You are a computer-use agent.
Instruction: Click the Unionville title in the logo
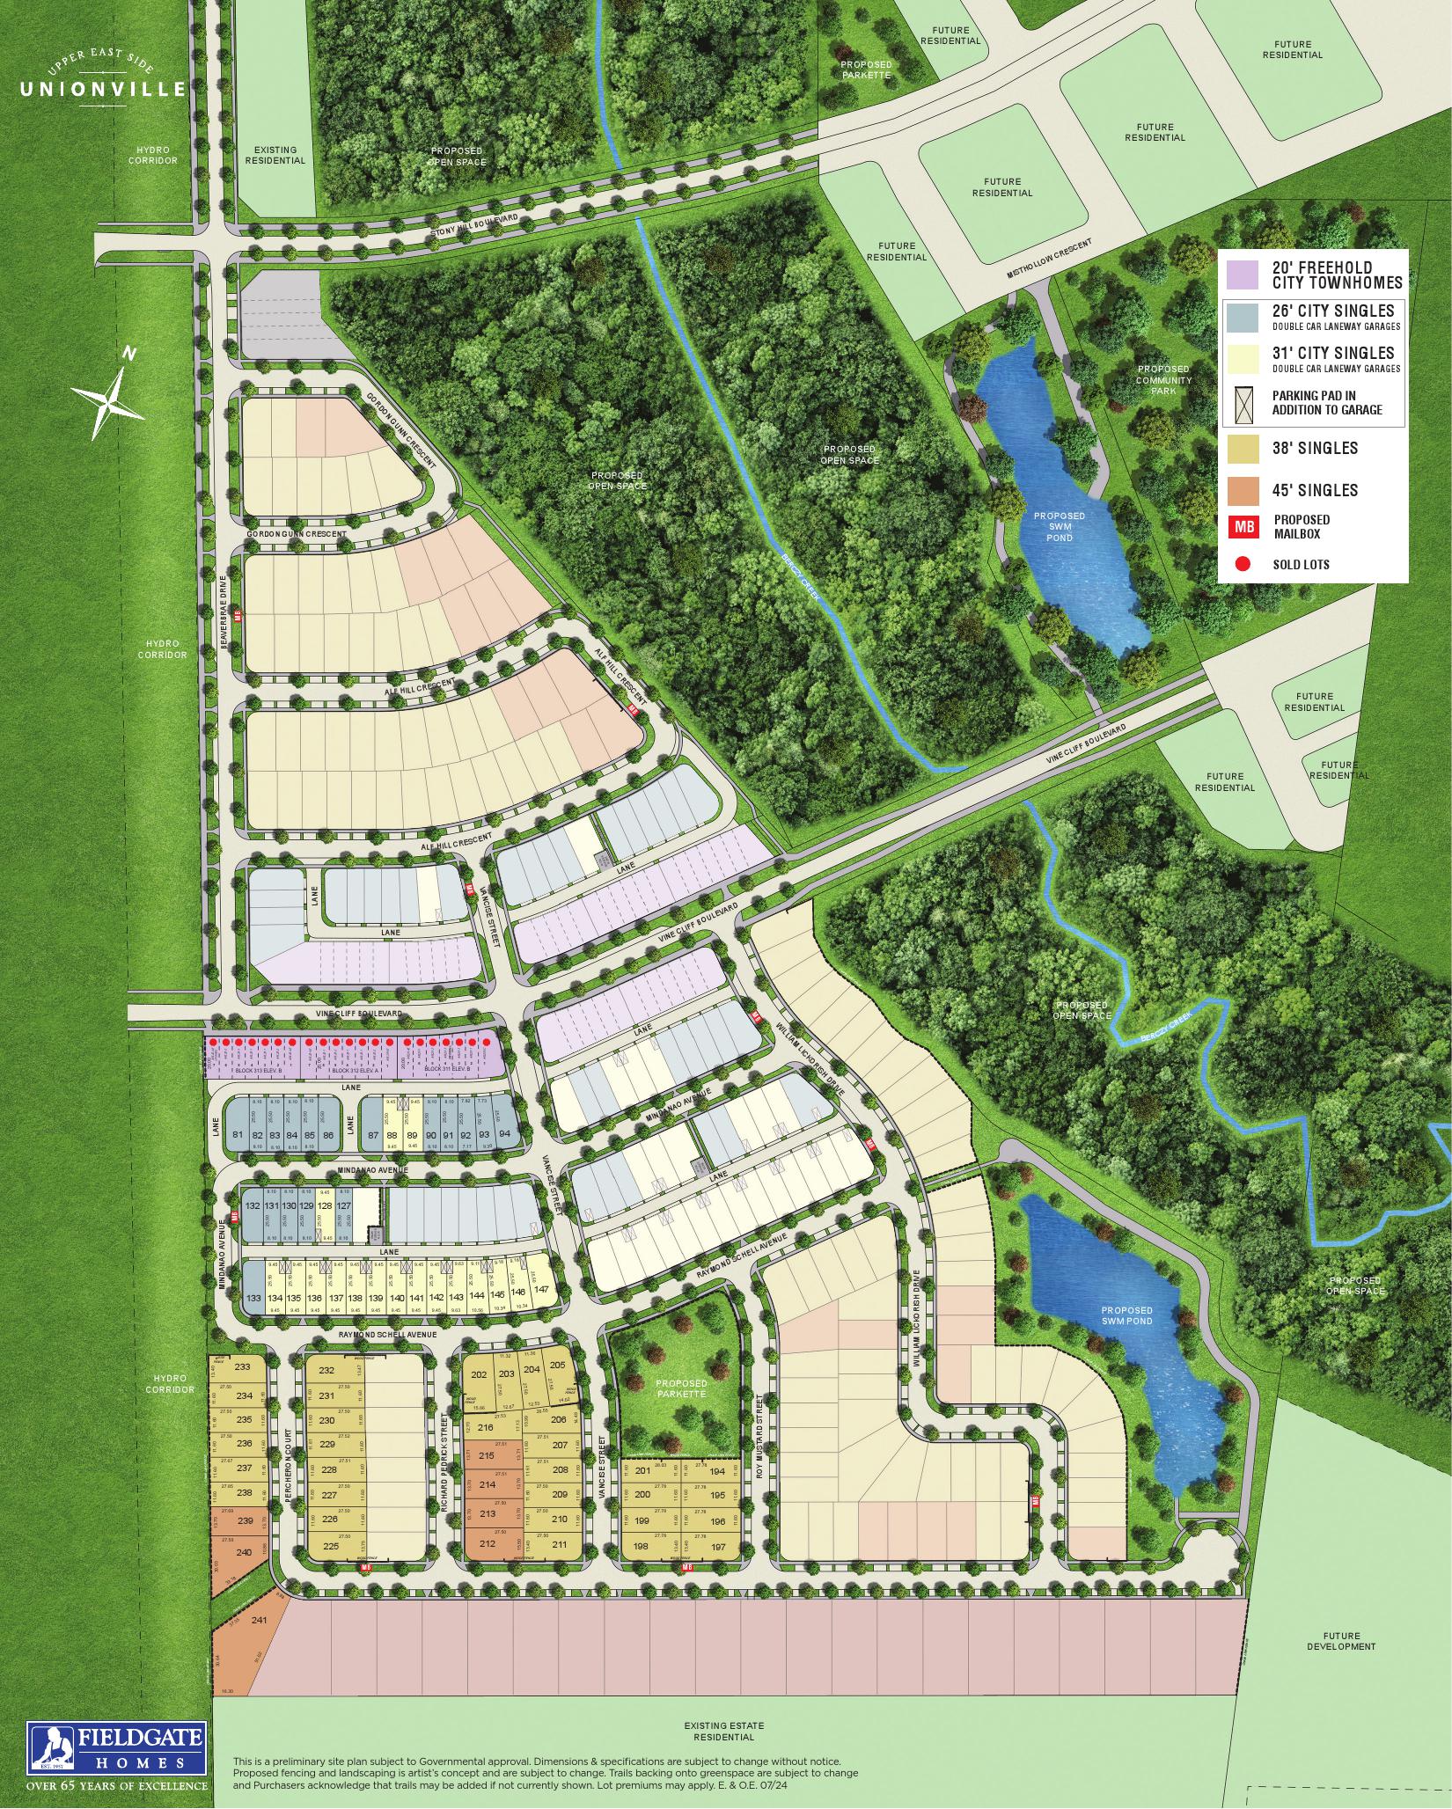103,88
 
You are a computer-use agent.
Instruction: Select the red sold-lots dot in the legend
1243,564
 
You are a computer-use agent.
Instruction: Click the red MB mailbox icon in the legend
1243,526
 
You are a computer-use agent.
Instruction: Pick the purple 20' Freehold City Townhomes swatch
1243,275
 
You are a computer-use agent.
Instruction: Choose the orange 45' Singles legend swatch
1243,490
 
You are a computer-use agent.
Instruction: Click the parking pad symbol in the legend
1243,404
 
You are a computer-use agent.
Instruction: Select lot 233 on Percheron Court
244,1366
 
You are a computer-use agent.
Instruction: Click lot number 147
542,1290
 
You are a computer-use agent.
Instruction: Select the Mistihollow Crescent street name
1051,260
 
